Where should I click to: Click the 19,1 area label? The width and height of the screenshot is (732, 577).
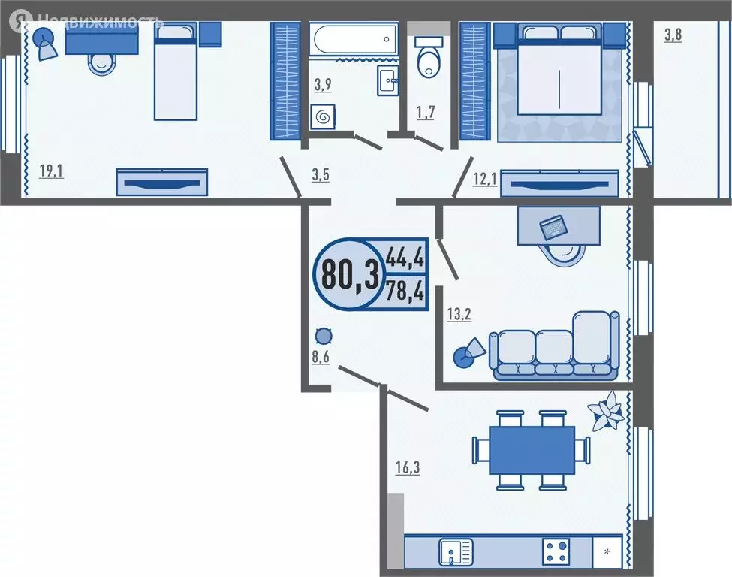click(x=51, y=171)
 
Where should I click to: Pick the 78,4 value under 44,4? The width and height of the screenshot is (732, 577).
click(x=405, y=289)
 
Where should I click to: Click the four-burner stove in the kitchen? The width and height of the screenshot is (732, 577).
click(x=558, y=553)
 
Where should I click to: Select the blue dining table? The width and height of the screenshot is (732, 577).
click(x=532, y=450)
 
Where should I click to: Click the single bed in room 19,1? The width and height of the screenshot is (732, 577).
click(x=176, y=71)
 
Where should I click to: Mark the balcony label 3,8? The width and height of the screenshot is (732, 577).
click(x=673, y=35)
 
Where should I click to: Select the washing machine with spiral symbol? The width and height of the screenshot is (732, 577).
click(x=324, y=117)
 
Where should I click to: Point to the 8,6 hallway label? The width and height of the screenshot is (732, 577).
click(x=321, y=357)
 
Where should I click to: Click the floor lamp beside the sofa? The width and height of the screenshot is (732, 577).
click(x=469, y=352)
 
